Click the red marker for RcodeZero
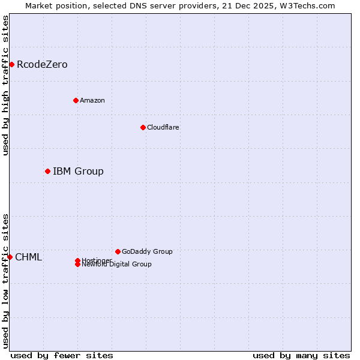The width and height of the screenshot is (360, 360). (x=11, y=64)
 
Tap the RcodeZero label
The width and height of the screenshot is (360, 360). (x=42, y=64)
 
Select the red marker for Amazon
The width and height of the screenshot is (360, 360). (x=76, y=100)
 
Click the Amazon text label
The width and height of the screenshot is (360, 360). (x=92, y=100)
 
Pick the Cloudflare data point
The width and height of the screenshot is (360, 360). (x=143, y=127)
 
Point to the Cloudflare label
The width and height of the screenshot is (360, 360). (x=163, y=127)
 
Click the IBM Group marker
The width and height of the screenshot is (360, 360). (x=47, y=171)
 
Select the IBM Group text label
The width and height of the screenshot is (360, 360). (x=78, y=172)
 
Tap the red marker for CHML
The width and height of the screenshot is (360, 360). (x=10, y=257)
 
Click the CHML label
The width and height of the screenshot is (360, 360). (x=28, y=257)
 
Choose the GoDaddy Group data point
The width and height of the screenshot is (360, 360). (x=118, y=251)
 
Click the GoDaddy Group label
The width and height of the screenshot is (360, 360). (x=147, y=251)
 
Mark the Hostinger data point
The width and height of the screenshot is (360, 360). (x=77, y=260)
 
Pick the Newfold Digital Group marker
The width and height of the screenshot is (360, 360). (x=77, y=265)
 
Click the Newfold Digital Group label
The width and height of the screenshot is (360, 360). (x=117, y=265)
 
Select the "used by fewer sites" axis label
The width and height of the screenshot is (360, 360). (x=62, y=355)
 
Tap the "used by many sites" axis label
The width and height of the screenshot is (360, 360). (x=301, y=355)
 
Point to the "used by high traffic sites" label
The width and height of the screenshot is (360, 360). (x=5, y=85)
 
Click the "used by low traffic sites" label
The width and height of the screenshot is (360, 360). (x=5, y=281)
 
